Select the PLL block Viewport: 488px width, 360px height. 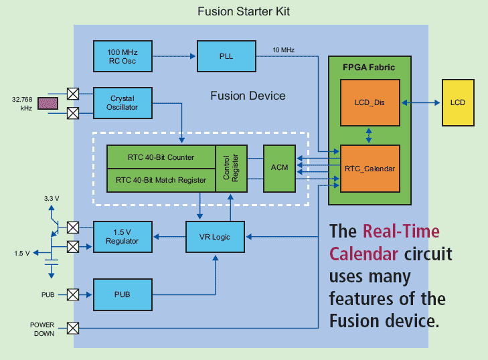(x=226, y=56)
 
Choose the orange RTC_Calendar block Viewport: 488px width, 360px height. (x=370, y=168)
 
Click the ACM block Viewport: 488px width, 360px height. (x=280, y=167)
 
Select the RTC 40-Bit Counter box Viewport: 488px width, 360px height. (x=161, y=157)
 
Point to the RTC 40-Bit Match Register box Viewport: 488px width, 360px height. (x=161, y=179)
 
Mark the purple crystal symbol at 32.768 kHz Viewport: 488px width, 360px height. (x=48, y=103)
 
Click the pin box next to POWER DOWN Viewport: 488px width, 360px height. (x=73, y=328)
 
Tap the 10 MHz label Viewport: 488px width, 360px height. (x=283, y=50)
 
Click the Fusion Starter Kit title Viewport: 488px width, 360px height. (x=244, y=12)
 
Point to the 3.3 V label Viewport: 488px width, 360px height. (x=52, y=199)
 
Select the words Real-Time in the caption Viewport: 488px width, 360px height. (x=401, y=232)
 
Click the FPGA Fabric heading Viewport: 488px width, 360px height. (x=369, y=67)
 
